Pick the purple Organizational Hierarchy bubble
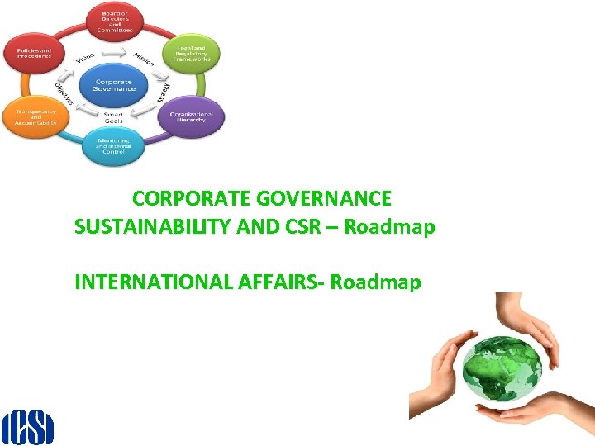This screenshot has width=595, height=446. pyautogui.click(x=190, y=116)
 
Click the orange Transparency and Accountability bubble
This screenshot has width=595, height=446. pyautogui.click(x=36, y=117)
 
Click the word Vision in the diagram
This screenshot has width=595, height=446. pyautogui.click(x=84, y=58)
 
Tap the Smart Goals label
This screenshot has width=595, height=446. pyautogui.click(x=113, y=116)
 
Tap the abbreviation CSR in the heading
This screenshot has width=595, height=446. pyautogui.click(x=301, y=226)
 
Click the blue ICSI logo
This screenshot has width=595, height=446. pyautogui.click(x=27, y=427)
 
